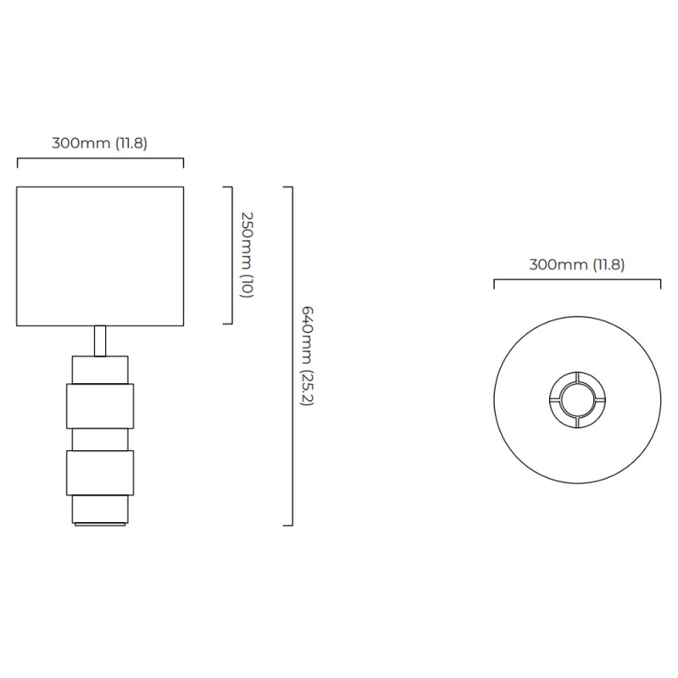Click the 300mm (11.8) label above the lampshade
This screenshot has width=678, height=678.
(100, 143)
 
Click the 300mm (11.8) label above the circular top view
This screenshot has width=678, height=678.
(577, 264)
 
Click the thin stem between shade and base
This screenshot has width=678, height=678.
(100, 341)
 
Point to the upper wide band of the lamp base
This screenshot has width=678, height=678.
(100, 406)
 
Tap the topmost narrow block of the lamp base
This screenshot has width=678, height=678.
(100, 370)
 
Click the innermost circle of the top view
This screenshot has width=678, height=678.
(577, 399)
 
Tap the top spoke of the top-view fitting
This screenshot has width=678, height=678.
(577, 377)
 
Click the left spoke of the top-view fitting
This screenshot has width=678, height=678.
(555, 399)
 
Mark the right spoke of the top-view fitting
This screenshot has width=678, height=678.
(599, 399)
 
